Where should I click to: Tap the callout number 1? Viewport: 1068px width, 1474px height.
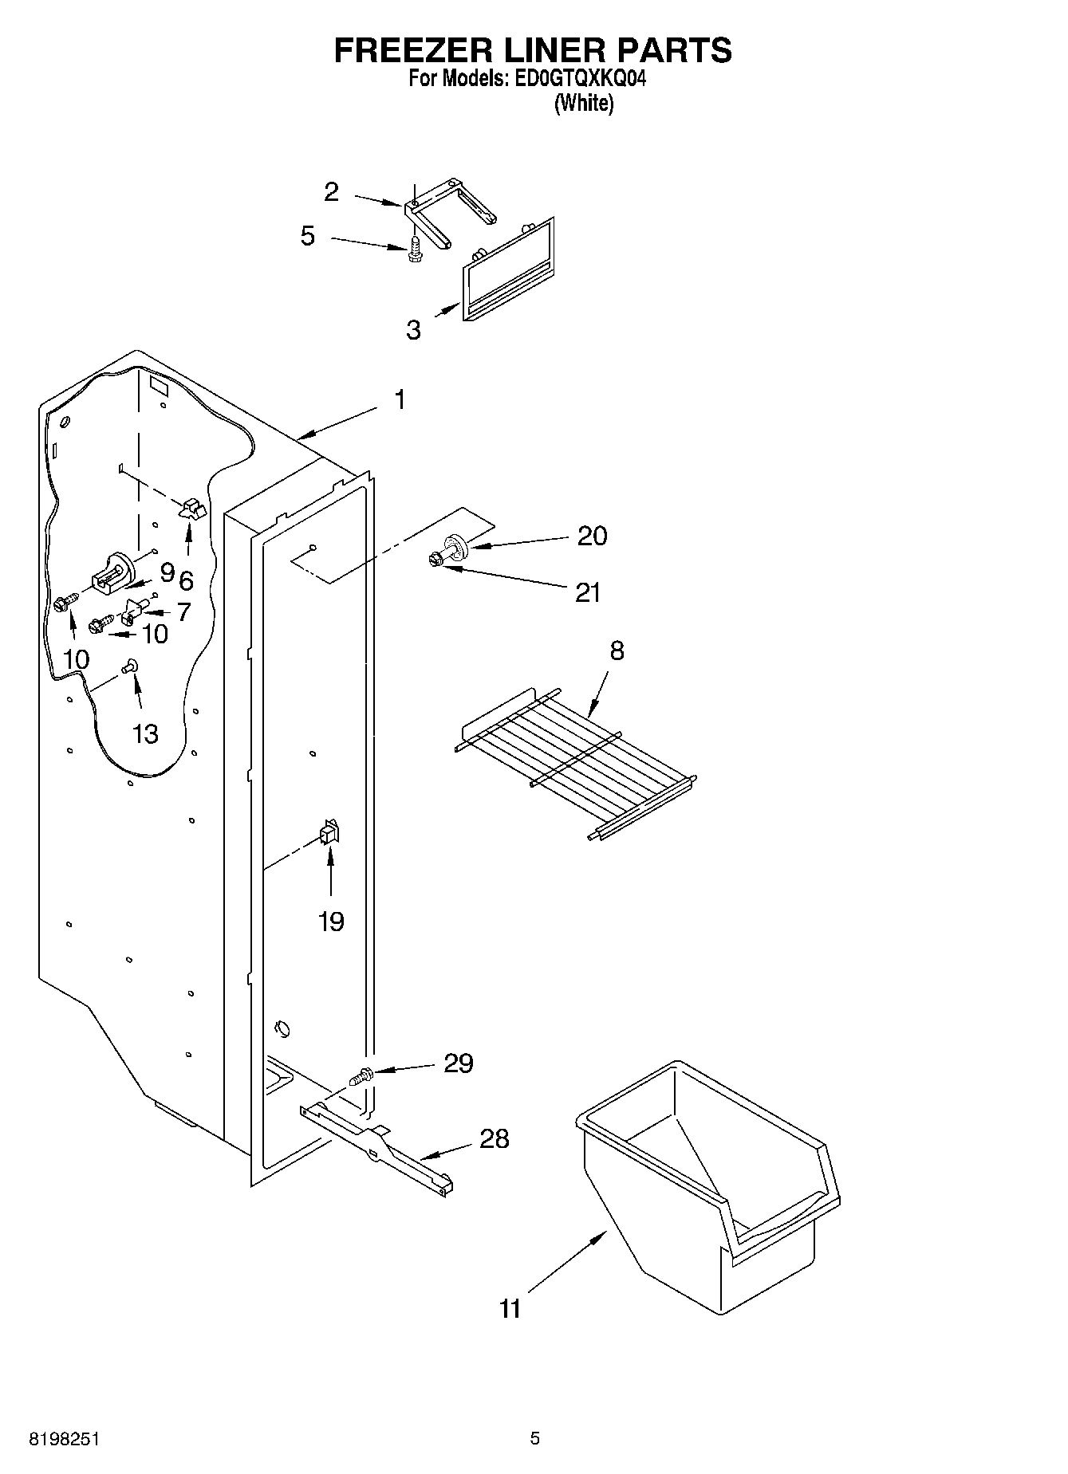[400, 400]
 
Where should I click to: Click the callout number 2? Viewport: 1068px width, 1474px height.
[331, 192]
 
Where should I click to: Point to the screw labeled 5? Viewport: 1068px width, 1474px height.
[413, 250]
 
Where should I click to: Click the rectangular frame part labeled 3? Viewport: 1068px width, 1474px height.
[507, 271]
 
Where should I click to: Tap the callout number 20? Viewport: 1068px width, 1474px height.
[592, 536]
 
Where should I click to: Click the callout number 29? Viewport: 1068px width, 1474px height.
[458, 1063]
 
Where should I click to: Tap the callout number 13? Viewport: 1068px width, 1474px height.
[145, 733]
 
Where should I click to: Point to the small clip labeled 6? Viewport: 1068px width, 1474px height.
[191, 509]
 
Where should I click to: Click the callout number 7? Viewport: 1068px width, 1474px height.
[183, 612]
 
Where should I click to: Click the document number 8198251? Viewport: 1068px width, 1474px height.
[64, 1439]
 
